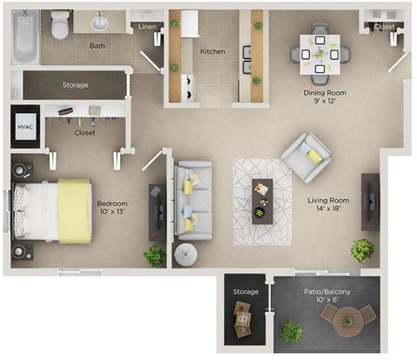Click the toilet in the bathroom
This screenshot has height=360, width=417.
coord(60,24)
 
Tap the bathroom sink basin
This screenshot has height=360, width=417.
coord(100,23)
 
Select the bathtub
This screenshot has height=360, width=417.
coord(25,37)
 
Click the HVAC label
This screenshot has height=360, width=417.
coord(25,127)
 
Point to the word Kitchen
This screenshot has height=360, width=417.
coord(213,51)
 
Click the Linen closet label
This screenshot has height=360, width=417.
coord(147,27)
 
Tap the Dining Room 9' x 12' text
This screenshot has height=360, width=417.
coord(325,97)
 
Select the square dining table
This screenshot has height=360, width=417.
coord(320,55)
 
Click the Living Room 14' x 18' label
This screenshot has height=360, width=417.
coord(328,204)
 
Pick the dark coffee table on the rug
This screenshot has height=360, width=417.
coord(262,202)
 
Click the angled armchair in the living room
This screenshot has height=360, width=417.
coord(306,157)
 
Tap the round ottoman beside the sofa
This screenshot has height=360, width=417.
coord(186,255)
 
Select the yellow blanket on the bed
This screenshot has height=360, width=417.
coord(75,210)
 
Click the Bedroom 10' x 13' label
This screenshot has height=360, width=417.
coord(112,207)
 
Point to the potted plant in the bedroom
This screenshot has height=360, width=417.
coord(155,256)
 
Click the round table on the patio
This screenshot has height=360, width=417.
coord(347,322)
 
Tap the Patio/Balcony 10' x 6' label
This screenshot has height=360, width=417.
coord(328,296)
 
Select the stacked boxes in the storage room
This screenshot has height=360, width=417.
coord(242,319)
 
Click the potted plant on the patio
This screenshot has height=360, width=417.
coord(291,332)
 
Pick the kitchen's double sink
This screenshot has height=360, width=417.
coord(247,59)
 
